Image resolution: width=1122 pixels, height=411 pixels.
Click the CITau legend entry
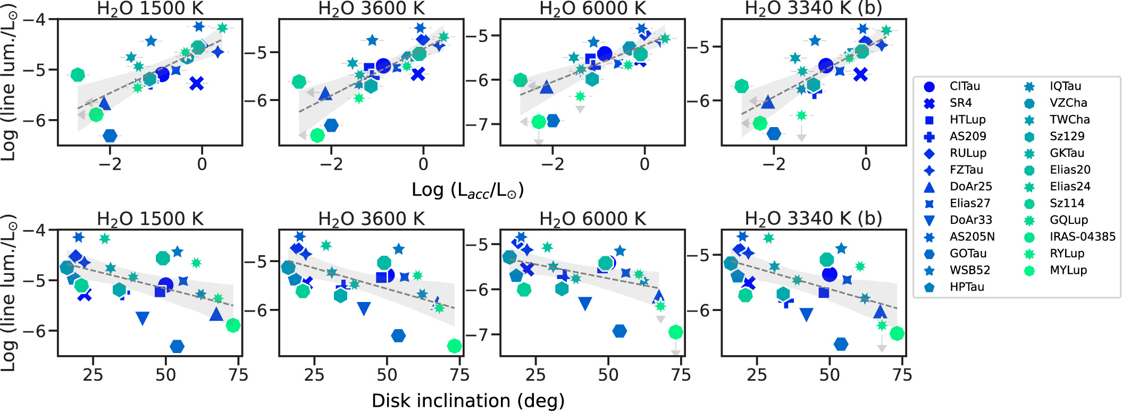pyautogui.click(x=952, y=86)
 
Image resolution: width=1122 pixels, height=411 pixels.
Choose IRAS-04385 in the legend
pyautogui.click(x=1069, y=237)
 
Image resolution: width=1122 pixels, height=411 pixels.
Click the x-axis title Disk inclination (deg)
pyautogui.click(x=468, y=400)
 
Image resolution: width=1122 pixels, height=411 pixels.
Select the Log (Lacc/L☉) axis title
pyautogui.click(x=468, y=190)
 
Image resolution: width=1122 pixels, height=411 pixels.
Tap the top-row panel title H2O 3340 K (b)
pyautogui.click(x=814, y=9)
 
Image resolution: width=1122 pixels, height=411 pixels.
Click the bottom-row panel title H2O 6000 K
pyautogui.click(x=592, y=219)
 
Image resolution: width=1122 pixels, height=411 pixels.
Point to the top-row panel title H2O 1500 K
pyautogui.click(x=150, y=9)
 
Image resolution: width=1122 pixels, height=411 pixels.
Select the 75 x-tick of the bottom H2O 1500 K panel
pyautogui.click(x=238, y=375)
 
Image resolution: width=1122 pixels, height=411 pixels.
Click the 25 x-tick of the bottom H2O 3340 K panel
pyautogui.click(x=757, y=375)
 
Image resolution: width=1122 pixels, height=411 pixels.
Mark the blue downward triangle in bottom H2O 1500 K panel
pyautogui.click(x=142, y=318)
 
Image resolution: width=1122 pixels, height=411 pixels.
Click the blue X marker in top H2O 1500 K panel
pyautogui.click(x=197, y=83)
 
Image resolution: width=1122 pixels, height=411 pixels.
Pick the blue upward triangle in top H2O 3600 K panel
pyautogui.click(x=325, y=94)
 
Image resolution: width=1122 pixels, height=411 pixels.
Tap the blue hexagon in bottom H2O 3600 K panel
pyautogui.click(x=398, y=335)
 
